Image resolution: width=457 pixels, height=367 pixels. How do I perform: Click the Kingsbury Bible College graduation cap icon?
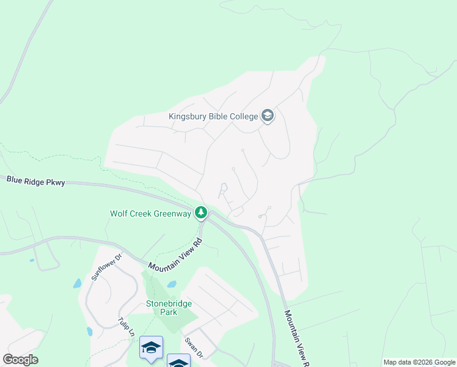pyautogui.click(x=267, y=116)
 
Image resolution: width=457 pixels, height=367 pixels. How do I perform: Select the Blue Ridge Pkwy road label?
pyautogui.click(x=36, y=180)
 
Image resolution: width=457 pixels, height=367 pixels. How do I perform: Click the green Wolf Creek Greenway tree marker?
pyautogui.click(x=200, y=213)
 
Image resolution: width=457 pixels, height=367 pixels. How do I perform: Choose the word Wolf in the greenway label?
pyautogui.click(x=119, y=213)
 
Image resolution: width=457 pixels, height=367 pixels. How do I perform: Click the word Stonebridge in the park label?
pyautogui.click(x=169, y=303)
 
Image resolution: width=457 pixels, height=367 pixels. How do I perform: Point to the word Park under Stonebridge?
pyautogui.click(x=169, y=312)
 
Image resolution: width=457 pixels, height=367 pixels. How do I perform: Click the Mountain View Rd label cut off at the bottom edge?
pyautogui.click(x=295, y=336)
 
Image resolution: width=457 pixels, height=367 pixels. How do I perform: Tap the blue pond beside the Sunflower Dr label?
pyautogui.click(x=77, y=283)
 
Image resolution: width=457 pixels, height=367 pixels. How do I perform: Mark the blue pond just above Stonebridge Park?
pyautogui.click(x=172, y=284)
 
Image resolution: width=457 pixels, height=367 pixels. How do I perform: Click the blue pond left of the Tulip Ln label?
pyautogui.click(x=90, y=332)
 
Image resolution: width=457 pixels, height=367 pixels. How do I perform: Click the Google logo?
pyautogui.click(x=21, y=360)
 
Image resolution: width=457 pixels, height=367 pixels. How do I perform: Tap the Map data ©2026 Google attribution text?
pyautogui.click(x=419, y=362)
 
